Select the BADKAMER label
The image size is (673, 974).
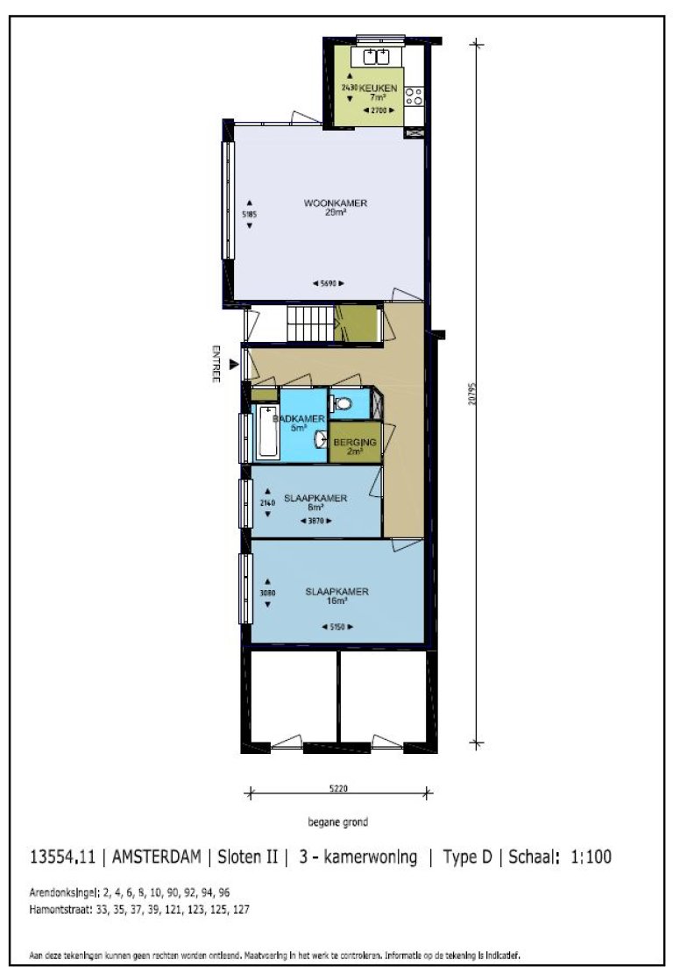[292, 419]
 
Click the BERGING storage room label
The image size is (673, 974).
[355, 444]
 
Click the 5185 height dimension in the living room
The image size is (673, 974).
[250, 213]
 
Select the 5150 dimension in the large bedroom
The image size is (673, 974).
[337, 627]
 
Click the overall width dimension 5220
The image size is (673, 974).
[340, 788]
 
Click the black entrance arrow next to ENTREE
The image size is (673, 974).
[233, 363]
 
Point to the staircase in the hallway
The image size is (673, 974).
[311, 324]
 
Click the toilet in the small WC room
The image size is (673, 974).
[343, 404]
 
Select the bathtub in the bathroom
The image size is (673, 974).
[267, 432]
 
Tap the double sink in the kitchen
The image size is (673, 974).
[377, 57]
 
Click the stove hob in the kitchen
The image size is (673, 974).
[413, 95]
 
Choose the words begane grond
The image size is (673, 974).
[337, 822]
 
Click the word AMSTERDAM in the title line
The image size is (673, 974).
[157, 857]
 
